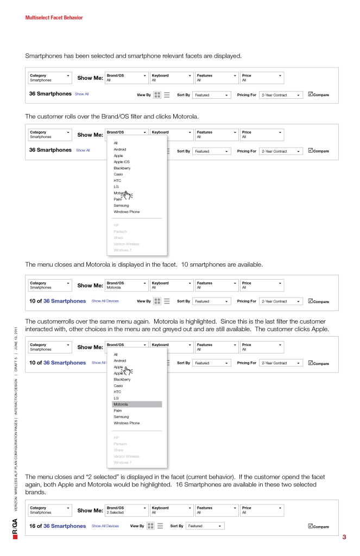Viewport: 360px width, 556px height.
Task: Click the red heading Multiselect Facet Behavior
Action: coord(54,18)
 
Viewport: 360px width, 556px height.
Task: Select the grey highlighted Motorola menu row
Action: coord(137,405)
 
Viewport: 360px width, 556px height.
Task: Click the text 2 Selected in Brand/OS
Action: coord(115,513)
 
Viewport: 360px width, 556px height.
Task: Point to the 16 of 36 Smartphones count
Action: coord(58,526)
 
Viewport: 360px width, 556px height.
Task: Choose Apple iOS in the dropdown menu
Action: coord(122,162)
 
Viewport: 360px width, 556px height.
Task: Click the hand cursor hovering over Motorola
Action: coord(127,195)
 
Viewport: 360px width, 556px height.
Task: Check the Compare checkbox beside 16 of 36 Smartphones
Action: coord(310,526)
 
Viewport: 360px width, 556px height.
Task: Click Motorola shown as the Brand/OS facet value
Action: coord(114,288)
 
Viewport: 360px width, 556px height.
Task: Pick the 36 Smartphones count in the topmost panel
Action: coord(50,94)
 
